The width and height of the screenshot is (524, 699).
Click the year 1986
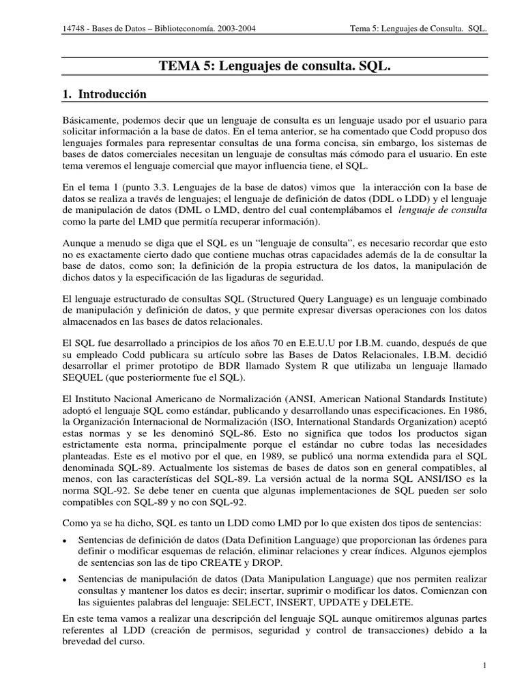[472, 409]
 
